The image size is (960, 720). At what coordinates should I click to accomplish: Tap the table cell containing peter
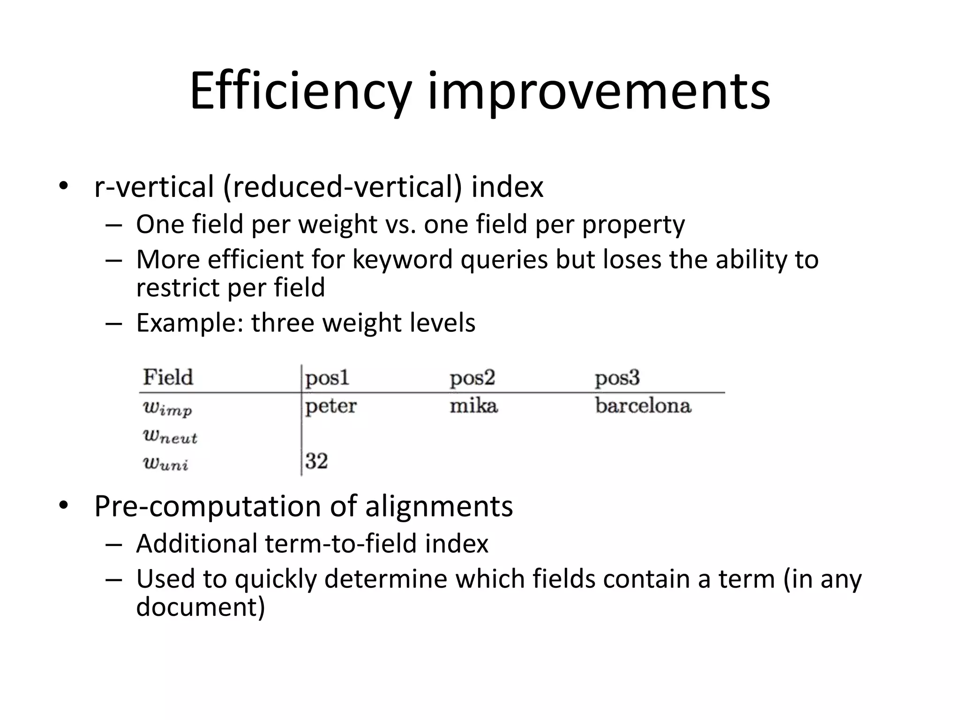[x=331, y=406]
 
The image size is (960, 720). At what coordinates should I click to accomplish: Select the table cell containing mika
[x=473, y=405]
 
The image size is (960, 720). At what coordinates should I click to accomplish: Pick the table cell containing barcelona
[x=643, y=406]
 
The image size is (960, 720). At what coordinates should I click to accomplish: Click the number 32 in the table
[x=316, y=461]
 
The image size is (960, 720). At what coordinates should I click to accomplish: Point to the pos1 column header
[x=327, y=378]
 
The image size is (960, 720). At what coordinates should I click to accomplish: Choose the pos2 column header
[x=472, y=378]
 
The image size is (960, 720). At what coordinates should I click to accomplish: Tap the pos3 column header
[x=617, y=378]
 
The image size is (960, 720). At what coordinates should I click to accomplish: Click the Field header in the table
[x=168, y=377]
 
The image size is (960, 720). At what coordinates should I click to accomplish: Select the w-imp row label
[x=167, y=409]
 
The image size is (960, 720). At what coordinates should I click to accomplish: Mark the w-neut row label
[x=170, y=437]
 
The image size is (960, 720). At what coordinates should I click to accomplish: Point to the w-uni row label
[x=165, y=464]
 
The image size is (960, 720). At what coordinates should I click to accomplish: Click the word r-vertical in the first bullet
[x=154, y=187]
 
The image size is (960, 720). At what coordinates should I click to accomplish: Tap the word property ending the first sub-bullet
[x=633, y=225]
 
